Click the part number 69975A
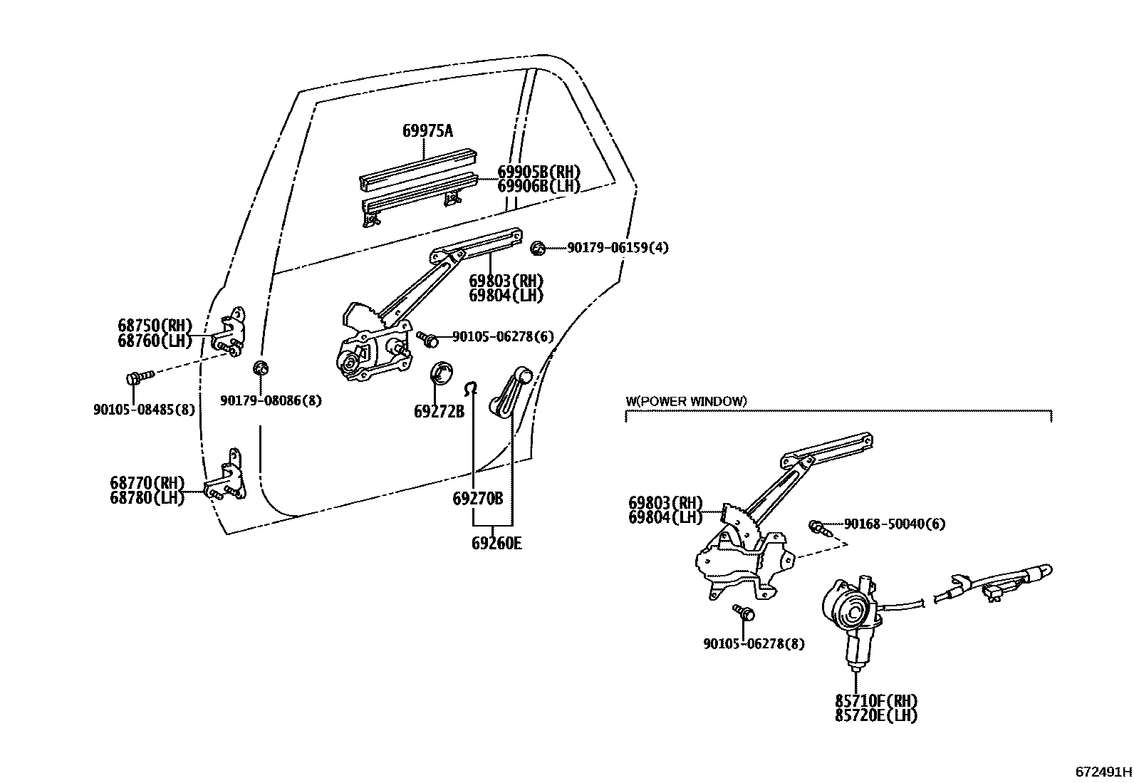tap(427, 131)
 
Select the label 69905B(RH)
tap(539, 172)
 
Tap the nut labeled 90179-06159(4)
tap(539, 248)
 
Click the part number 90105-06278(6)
tap(503, 336)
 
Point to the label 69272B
tap(439, 412)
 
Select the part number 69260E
tap(496, 544)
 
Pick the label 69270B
tap(477, 499)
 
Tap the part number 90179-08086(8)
tap(271, 401)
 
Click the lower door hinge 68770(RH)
tap(228, 477)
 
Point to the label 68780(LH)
tap(147, 498)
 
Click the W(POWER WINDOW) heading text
tap(686, 401)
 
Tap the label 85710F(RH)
tap(876, 701)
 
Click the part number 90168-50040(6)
tap(895, 524)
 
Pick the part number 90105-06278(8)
tap(754, 643)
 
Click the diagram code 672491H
tap(1103, 772)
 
